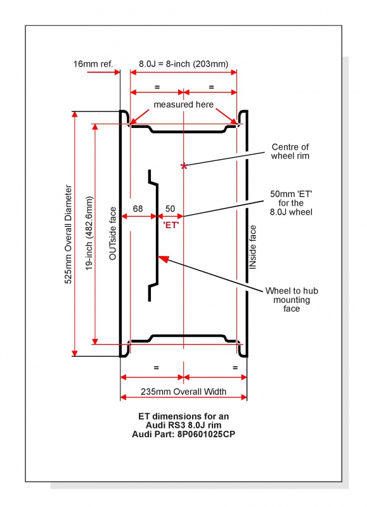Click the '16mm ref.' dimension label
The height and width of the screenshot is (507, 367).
coord(93,64)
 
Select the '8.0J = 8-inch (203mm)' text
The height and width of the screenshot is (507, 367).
coord(184,64)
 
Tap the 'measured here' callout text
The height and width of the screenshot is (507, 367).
coord(184,105)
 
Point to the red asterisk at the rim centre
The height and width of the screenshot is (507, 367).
coord(184,166)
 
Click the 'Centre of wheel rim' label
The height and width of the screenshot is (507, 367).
coord(290,151)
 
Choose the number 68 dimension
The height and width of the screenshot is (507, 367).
coord(138,209)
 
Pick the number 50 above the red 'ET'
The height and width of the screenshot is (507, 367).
coord(170,209)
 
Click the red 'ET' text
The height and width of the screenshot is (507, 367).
coord(171,225)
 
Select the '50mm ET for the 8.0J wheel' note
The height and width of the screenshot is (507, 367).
coord(291,203)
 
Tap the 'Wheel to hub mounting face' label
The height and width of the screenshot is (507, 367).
coord(292,299)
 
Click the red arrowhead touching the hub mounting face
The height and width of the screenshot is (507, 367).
coord(164,259)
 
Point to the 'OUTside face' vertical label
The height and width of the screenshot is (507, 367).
coord(113,233)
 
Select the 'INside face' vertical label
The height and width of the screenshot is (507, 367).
coord(253,247)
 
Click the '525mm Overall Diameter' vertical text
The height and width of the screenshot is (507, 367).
coord(68,234)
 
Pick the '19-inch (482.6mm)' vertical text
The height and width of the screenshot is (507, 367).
coord(89,233)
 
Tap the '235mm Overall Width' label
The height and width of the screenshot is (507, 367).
coord(183,392)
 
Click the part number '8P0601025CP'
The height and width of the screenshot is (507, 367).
coord(206,434)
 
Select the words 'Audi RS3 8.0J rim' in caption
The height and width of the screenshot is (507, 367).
coord(183,425)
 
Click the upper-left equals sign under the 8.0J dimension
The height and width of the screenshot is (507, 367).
coord(157,87)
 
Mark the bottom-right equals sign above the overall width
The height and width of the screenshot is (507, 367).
coord(235,368)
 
